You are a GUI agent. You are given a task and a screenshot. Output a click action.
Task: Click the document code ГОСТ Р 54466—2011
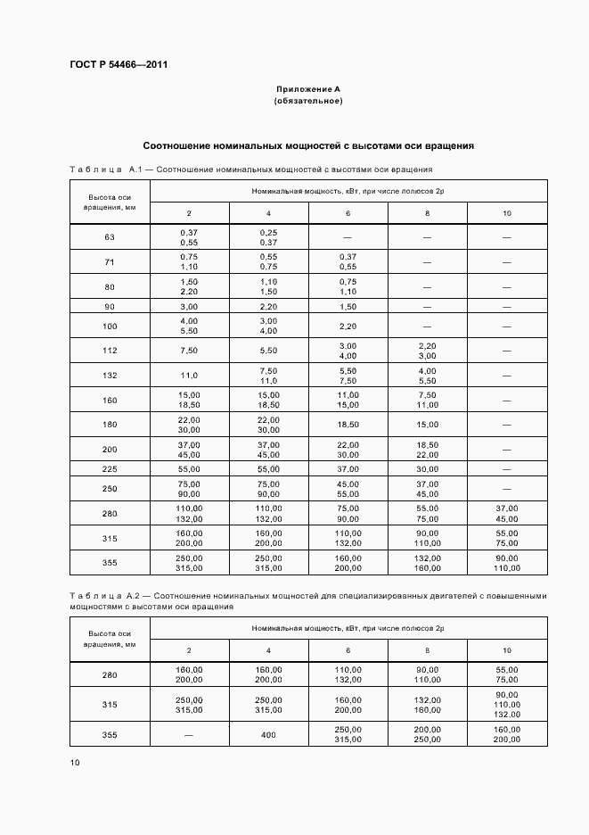click(x=119, y=65)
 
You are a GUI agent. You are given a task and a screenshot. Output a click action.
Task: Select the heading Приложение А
click(x=308, y=89)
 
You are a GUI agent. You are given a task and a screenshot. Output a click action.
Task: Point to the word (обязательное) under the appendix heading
click(x=308, y=101)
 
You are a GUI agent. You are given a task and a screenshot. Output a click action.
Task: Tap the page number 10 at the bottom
click(x=75, y=762)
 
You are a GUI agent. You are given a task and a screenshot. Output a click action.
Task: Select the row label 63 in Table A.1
click(x=110, y=237)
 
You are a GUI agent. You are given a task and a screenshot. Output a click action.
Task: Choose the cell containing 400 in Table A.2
click(x=268, y=734)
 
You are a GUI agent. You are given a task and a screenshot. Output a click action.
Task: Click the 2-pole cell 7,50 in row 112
click(x=189, y=351)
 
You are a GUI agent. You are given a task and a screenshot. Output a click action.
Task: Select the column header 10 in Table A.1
click(x=507, y=213)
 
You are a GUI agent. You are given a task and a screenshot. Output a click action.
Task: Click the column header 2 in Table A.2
click(x=189, y=650)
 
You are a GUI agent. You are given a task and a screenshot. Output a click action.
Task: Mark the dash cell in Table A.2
click(x=189, y=734)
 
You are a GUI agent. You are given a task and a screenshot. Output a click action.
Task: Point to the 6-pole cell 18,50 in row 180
click(x=348, y=425)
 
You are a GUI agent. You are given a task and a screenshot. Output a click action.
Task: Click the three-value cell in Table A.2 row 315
click(x=507, y=704)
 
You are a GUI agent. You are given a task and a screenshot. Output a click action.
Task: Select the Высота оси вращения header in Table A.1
click(x=110, y=202)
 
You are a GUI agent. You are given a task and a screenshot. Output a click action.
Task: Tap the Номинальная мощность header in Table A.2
click(x=348, y=628)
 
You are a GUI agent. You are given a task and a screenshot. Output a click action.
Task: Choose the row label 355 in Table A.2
click(x=110, y=734)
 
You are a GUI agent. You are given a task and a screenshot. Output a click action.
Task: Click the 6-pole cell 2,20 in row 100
click(x=348, y=327)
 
